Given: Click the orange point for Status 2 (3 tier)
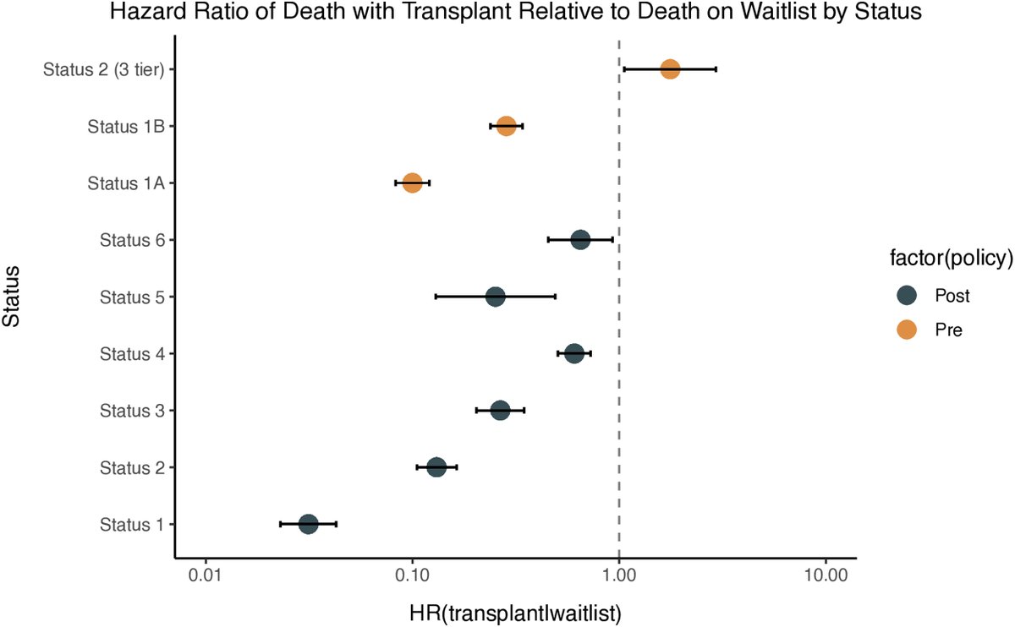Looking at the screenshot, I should (x=670, y=69).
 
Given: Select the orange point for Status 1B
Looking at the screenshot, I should (x=506, y=126).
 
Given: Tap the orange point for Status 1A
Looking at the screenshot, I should (x=412, y=183).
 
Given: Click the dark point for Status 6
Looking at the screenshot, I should (x=580, y=240).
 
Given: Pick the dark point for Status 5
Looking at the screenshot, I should (x=496, y=297).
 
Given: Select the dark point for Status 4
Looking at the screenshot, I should (x=574, y=353).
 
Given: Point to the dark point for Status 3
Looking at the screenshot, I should (x=500, y=410).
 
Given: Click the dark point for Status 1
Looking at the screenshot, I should (x=308, y=524).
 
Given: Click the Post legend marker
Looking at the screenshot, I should (x=907, y=296).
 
